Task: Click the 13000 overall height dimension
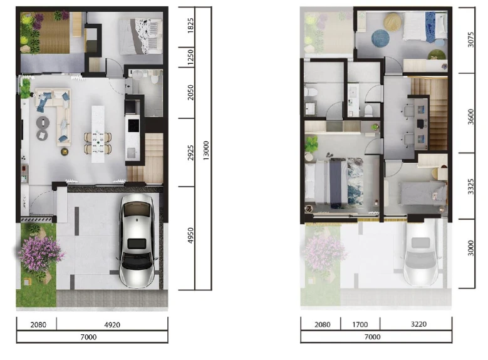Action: point(205,151)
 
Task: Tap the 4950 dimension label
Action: point(190,235)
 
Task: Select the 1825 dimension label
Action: point(190,26)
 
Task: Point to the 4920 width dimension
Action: point(112,325)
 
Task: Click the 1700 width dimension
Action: point(360,324)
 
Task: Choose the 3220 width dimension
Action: point(418,324)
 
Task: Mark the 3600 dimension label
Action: point(470,116)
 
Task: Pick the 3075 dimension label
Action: point(470,39)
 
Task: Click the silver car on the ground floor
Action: point(137,240)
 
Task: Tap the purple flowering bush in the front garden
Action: point(40,254)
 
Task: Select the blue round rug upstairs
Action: point(380,38)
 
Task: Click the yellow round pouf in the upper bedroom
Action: point(393,22)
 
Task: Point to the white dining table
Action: point(98,134)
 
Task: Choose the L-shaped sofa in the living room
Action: point(54,116)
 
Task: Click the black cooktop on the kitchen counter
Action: point(133,125)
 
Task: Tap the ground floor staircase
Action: point(145,157)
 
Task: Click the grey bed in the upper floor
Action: point(422,193)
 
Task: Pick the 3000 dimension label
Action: point(470,248)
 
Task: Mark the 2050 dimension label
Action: point(190,93)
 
